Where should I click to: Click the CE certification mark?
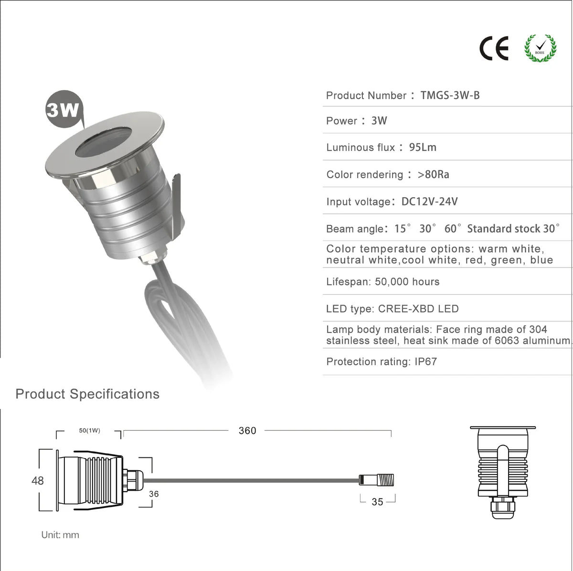click(x=494, y=49)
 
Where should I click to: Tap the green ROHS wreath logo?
click(x=540, y=48)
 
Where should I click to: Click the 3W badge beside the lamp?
click(x=64, y=109)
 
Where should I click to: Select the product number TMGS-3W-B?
click(x=450, y=95)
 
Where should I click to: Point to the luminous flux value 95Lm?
click(x=423, y=147)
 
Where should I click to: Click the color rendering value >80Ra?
click(x=433, y=174)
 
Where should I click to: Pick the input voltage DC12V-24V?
click(x=429, y=201)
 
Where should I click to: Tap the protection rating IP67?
click(x=426, y=361)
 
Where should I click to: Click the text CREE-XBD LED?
click(x=418, y=309)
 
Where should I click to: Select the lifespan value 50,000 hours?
click(x=407, y=282)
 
